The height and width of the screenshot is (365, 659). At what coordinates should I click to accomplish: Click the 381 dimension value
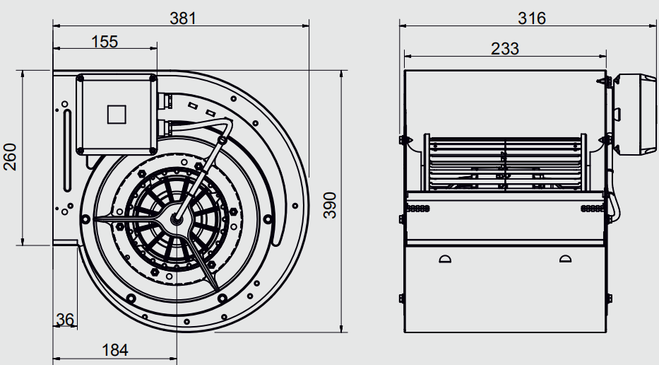click(x=183, y=18)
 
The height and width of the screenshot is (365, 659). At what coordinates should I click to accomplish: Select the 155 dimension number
click(x=105, y=42)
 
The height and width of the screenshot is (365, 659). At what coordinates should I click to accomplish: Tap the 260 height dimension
click(x=10, y=156)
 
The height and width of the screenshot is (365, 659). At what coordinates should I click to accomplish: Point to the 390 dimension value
click(x=330, y=205)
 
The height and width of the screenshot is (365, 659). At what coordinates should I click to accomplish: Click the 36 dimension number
click(x=65, y=320)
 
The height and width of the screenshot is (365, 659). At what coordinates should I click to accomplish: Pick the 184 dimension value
click(x=115, y=350)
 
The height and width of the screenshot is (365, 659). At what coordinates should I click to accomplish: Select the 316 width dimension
click(x=532, y=18)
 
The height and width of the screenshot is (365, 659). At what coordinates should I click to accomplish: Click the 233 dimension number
click(x=505, y=49)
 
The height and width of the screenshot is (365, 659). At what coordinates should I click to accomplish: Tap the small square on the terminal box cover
click(x=117, y=115)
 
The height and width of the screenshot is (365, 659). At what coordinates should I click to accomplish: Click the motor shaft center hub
click(x=175, y=218)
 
